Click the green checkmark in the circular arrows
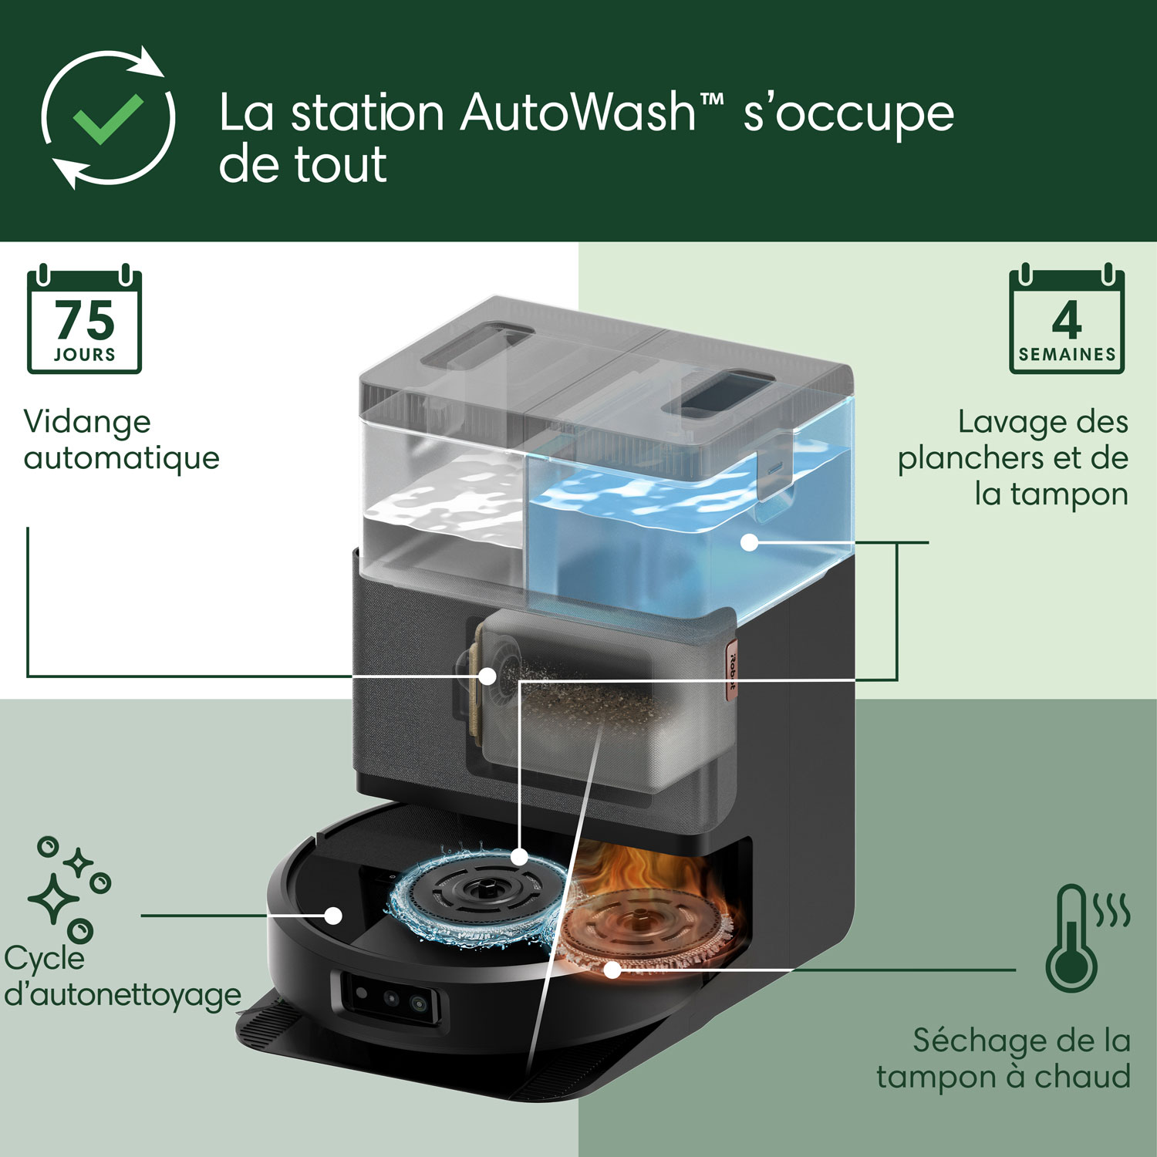108,119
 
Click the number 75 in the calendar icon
85,320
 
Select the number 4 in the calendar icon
1066,320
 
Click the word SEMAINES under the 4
1067,355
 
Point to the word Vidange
87,422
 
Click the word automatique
122,458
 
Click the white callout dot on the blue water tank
749,542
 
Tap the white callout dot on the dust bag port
487,676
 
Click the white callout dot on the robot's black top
333,916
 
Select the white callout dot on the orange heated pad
612,970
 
